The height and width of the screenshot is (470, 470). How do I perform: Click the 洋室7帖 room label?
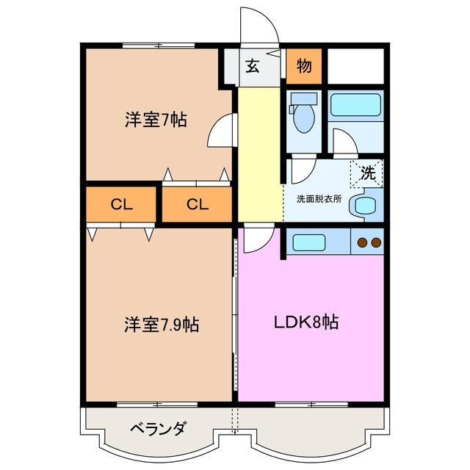(154, 120)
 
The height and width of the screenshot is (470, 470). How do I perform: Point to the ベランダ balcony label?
(158, 429)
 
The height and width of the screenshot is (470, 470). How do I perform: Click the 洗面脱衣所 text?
(319, 199)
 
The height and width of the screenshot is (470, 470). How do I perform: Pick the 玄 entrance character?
(252, 66)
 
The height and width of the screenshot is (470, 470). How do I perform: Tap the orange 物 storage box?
(303, 66)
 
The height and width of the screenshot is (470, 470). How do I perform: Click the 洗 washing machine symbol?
(367, 173)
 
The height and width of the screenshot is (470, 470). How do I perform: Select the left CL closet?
(122, 205)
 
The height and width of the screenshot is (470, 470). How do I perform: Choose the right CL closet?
(197, 205)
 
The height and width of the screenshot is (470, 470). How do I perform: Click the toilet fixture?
(301, 116)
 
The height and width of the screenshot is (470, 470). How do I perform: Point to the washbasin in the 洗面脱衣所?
(364, 206)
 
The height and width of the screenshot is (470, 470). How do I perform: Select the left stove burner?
(361, 242)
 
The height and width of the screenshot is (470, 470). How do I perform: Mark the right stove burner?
(375, 242)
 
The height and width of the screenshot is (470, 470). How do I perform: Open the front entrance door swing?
(261, 29)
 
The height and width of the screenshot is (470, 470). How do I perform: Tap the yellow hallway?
(259, 151)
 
